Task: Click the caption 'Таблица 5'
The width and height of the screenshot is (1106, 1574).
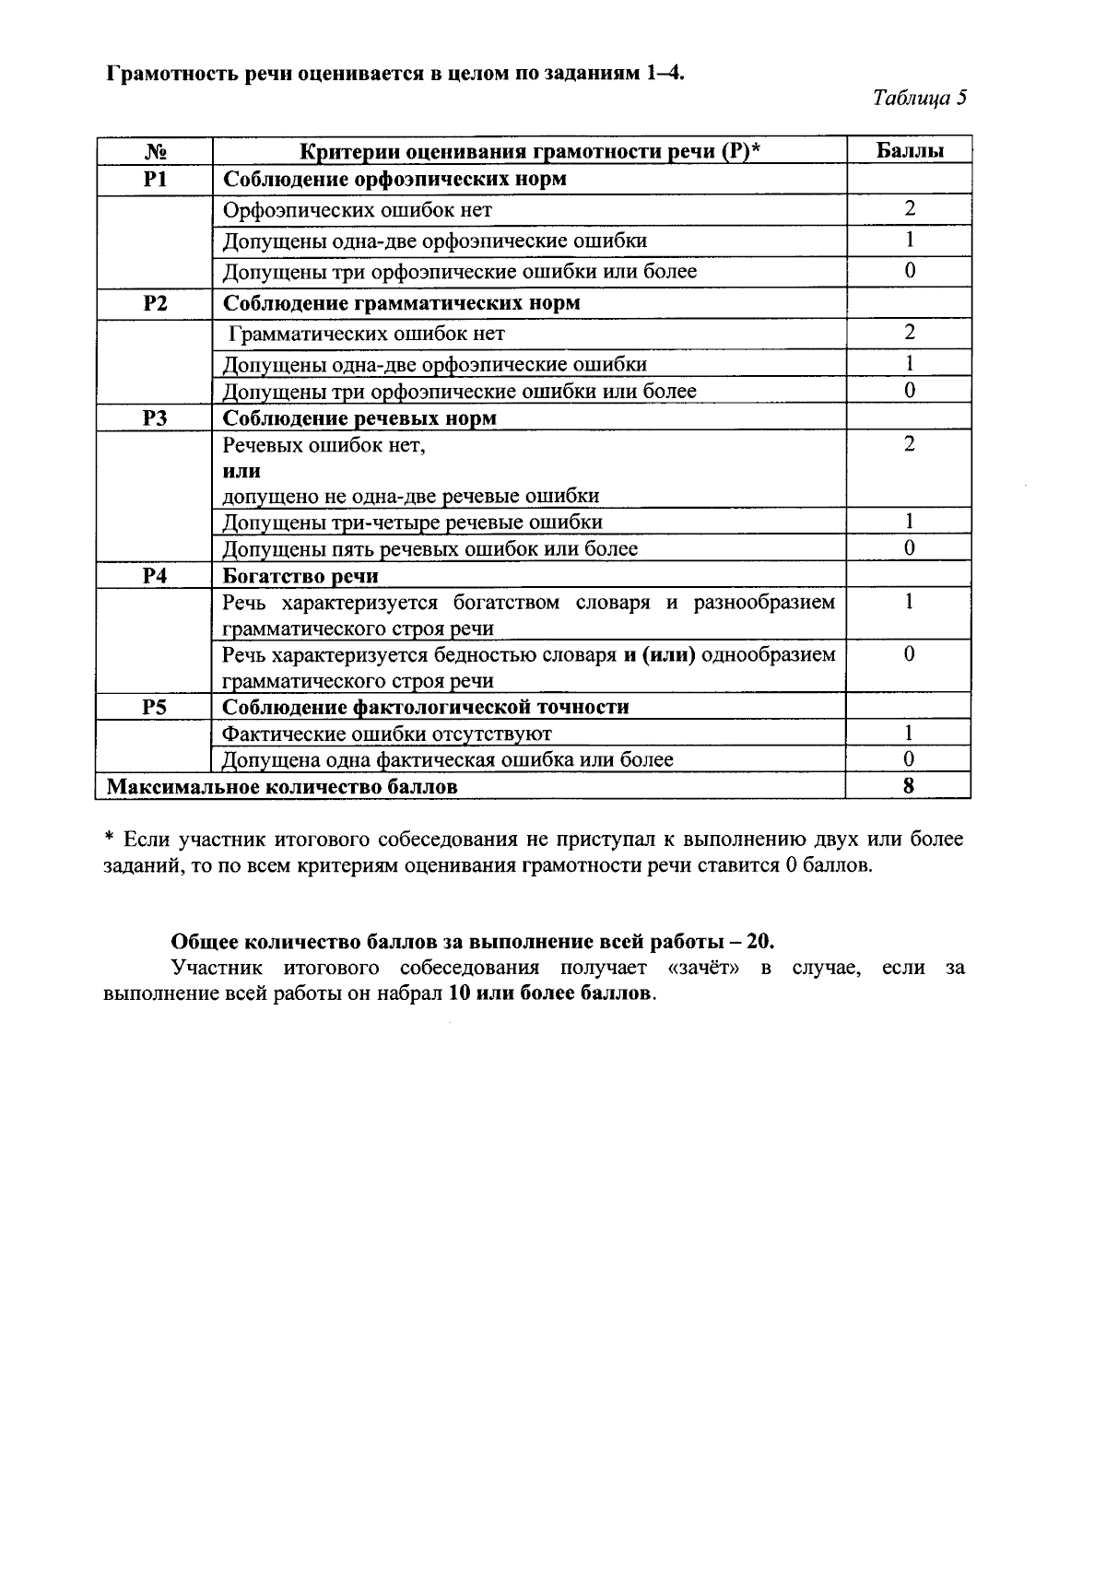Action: pos(919,98)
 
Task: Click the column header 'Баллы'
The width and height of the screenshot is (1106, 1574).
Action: pos(909,150)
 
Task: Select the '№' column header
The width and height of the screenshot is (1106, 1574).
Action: pos(155,150)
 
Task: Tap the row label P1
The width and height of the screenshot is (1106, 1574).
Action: pos(155,179)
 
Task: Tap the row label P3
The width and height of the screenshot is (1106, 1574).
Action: pos(155,418)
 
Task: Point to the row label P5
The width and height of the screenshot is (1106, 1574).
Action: pos(155,707)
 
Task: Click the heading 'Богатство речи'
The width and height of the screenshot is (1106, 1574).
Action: pos(300,577)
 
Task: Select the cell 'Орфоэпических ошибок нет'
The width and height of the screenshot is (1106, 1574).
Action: pos(358,210)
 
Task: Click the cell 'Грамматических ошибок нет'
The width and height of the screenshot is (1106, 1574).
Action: pos(367,334)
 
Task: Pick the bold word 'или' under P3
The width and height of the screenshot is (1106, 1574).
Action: pos(241,471)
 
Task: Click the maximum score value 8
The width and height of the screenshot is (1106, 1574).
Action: pos(909,786)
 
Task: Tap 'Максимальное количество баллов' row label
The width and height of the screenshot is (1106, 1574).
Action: pos(282,787)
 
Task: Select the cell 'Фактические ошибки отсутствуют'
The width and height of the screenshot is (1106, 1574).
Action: pos(387,734)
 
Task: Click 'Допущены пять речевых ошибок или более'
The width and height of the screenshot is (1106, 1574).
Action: pos(430,549)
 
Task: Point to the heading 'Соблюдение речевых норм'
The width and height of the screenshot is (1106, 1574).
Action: pos(359,418)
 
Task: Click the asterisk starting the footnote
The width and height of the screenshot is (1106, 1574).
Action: pos(109,840)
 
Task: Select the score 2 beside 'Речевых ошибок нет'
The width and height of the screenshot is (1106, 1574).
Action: pos(909,445)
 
